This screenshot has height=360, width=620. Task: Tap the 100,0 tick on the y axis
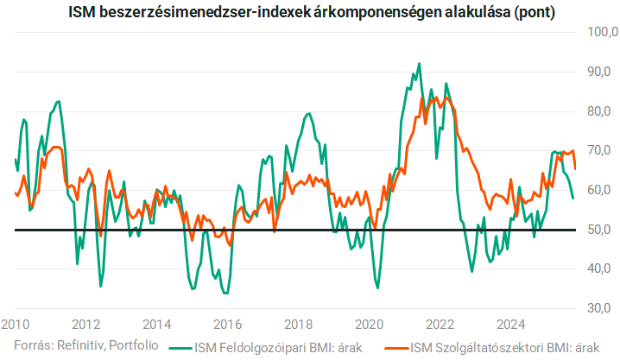[602, 32]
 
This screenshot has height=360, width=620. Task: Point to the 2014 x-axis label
[156, 325]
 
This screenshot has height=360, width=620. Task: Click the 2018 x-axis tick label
[298, 325]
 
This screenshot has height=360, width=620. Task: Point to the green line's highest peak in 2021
[419, 64]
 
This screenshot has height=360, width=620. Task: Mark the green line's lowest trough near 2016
[225, 294]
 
